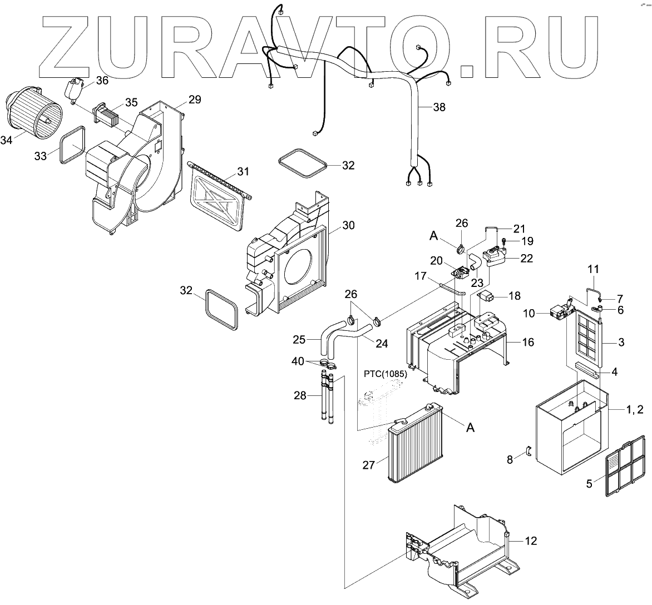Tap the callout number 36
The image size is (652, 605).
click(102, 80)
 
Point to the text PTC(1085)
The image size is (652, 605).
click(386, 374)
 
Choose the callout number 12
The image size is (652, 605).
click(531, 540)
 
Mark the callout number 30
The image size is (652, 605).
click(349, 225)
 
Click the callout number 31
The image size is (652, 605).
click(243, 171)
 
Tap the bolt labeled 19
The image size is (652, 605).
click(503, 241)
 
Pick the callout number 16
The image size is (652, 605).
click(528, 342)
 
